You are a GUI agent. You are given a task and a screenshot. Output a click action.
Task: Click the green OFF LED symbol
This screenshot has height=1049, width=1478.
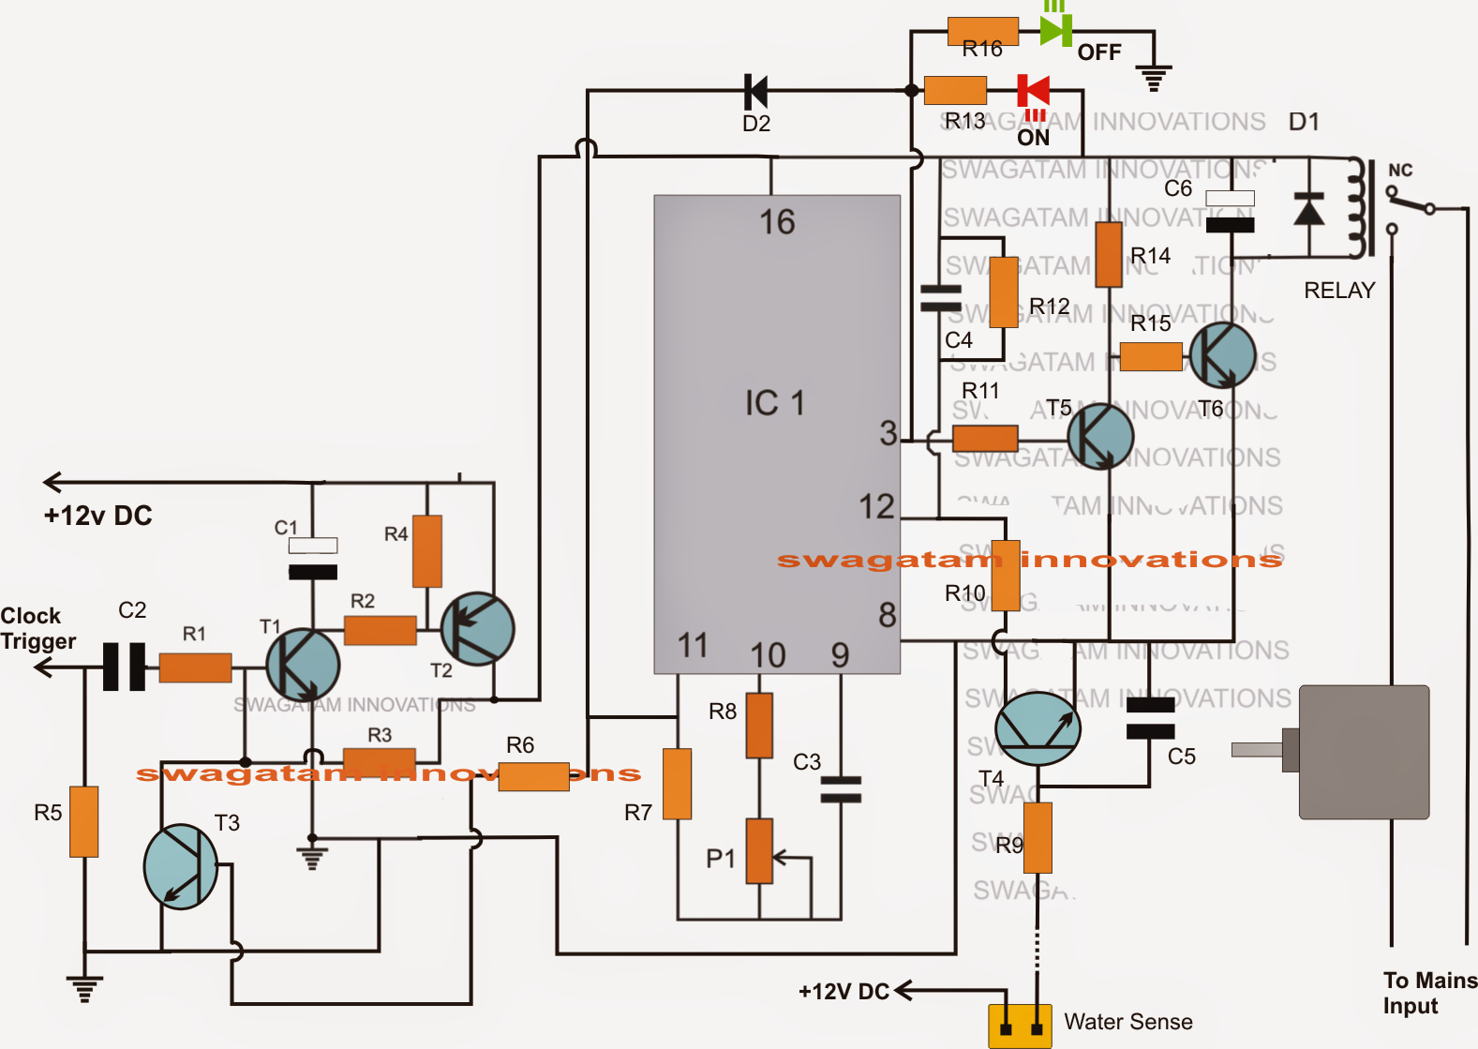(1055, 30)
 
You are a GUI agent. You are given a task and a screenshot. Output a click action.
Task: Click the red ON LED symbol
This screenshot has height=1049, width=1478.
(1034, 91)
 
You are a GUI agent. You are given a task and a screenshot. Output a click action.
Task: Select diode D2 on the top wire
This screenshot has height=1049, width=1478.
(755, 92)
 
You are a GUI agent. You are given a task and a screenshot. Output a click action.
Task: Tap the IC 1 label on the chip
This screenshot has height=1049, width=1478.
(774, 403)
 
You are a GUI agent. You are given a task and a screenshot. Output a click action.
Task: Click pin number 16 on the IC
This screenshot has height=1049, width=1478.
(777, 222)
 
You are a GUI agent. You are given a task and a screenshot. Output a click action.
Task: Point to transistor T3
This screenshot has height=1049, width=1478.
(181, 867)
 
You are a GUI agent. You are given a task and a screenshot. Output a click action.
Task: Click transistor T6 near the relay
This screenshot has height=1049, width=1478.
(1222, 355)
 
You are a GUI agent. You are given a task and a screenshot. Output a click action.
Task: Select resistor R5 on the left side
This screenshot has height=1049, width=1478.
(84, 821)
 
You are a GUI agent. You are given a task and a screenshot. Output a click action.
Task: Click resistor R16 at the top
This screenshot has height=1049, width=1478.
(982, 31)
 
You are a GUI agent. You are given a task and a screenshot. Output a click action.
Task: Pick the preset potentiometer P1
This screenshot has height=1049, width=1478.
(759, 851)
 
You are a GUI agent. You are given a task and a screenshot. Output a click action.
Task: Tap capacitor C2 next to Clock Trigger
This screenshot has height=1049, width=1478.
(124, 667)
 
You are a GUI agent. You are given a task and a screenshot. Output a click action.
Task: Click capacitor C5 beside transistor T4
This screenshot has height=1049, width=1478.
(1150, 718)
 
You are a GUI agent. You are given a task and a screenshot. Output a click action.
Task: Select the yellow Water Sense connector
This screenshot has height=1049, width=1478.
(1020, 1026)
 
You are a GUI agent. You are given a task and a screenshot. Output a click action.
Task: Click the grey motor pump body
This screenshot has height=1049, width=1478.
(1364, 752)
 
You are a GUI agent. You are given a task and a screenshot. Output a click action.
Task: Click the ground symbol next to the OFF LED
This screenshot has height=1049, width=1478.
(1154, 77)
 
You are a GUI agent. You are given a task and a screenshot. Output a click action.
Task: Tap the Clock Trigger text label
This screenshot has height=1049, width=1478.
(37, 628)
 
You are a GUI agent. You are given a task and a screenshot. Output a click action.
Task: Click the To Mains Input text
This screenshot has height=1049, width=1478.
(1428, 993)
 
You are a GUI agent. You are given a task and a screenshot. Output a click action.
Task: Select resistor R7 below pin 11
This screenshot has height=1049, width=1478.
(677, 784)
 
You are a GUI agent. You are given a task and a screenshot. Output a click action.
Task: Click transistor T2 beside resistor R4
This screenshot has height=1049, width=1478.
(477, 629)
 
